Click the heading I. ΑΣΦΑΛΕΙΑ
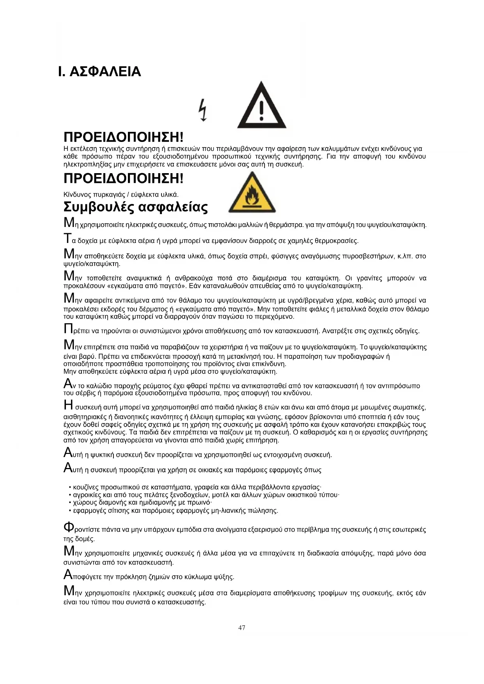99,72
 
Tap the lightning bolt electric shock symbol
202,110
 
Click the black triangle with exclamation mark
262,106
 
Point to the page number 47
242,627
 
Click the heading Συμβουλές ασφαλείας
135,207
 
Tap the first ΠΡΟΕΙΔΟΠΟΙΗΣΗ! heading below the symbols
123,137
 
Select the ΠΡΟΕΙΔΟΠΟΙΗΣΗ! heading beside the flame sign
123,179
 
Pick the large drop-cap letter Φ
69,528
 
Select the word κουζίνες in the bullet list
86,487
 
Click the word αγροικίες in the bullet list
86,495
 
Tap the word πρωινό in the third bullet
201,503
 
